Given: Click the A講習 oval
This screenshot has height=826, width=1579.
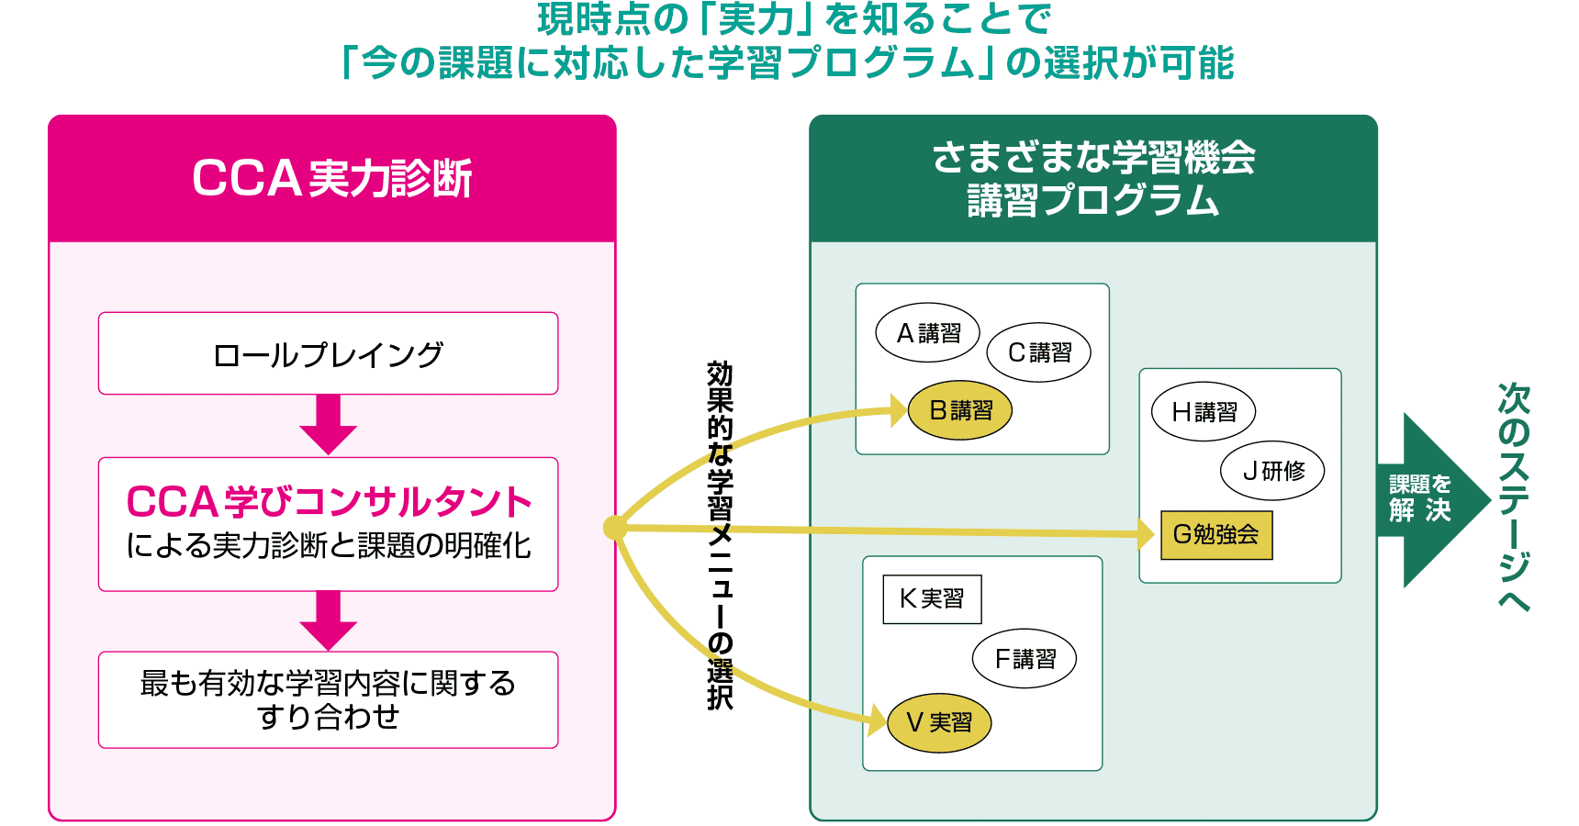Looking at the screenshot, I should (927, 332).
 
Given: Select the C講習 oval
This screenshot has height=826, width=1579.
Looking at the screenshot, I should (1038, 352).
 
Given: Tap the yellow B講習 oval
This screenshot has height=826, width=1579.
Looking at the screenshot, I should (960, 410).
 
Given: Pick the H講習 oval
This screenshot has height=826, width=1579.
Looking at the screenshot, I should (1204, 412).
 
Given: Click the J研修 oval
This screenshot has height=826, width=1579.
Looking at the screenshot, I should (1272, 471).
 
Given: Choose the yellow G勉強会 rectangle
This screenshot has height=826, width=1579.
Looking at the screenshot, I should (1216, 534).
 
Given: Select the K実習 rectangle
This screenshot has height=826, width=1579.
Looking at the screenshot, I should (932, 599).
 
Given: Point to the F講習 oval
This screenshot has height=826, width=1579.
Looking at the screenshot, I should (1025, 658).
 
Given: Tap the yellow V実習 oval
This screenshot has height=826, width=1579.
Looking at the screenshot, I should (939, 722).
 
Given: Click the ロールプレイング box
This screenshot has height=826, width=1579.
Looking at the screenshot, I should (328, 354).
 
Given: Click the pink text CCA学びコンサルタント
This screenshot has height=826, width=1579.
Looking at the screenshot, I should (329, 502).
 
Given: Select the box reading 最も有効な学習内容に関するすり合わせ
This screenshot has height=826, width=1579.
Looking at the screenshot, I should (328, 699).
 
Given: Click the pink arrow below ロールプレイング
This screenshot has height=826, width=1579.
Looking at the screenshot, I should (328, 425).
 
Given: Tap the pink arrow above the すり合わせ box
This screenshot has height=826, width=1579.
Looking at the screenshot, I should (328, 620).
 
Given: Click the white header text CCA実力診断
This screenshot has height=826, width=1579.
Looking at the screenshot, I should (331, 178).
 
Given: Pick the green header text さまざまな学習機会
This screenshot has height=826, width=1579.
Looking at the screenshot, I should (1092, 158).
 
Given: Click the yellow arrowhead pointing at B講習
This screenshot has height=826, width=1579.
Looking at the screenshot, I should (899, 410).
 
